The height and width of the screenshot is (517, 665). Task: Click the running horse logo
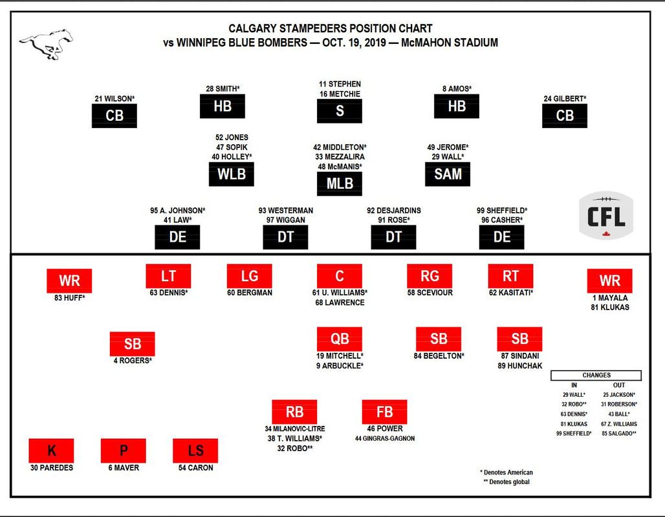46,44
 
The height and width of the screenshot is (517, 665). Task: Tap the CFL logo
606,215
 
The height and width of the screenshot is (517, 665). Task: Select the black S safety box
339,111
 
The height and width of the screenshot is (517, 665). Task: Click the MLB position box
339,184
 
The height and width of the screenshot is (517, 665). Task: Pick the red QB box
339,339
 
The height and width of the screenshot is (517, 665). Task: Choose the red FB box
384,412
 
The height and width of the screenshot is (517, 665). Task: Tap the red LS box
195,450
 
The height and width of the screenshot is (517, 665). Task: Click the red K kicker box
51,450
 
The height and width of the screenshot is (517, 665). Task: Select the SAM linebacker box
448,174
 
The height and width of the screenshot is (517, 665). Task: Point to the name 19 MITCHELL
339,356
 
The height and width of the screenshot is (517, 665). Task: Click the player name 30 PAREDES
51,467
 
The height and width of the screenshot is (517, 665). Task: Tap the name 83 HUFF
70,298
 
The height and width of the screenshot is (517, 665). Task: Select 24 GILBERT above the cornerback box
565,99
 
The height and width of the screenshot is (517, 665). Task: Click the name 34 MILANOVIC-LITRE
295,429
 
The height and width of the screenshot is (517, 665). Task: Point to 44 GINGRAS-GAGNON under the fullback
385,439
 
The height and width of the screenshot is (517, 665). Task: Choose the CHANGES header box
596,375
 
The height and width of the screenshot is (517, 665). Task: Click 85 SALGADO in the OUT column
619,434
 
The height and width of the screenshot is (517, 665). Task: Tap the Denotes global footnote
507,482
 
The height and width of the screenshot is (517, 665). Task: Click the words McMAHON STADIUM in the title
449,43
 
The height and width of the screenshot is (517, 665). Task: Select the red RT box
510,276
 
